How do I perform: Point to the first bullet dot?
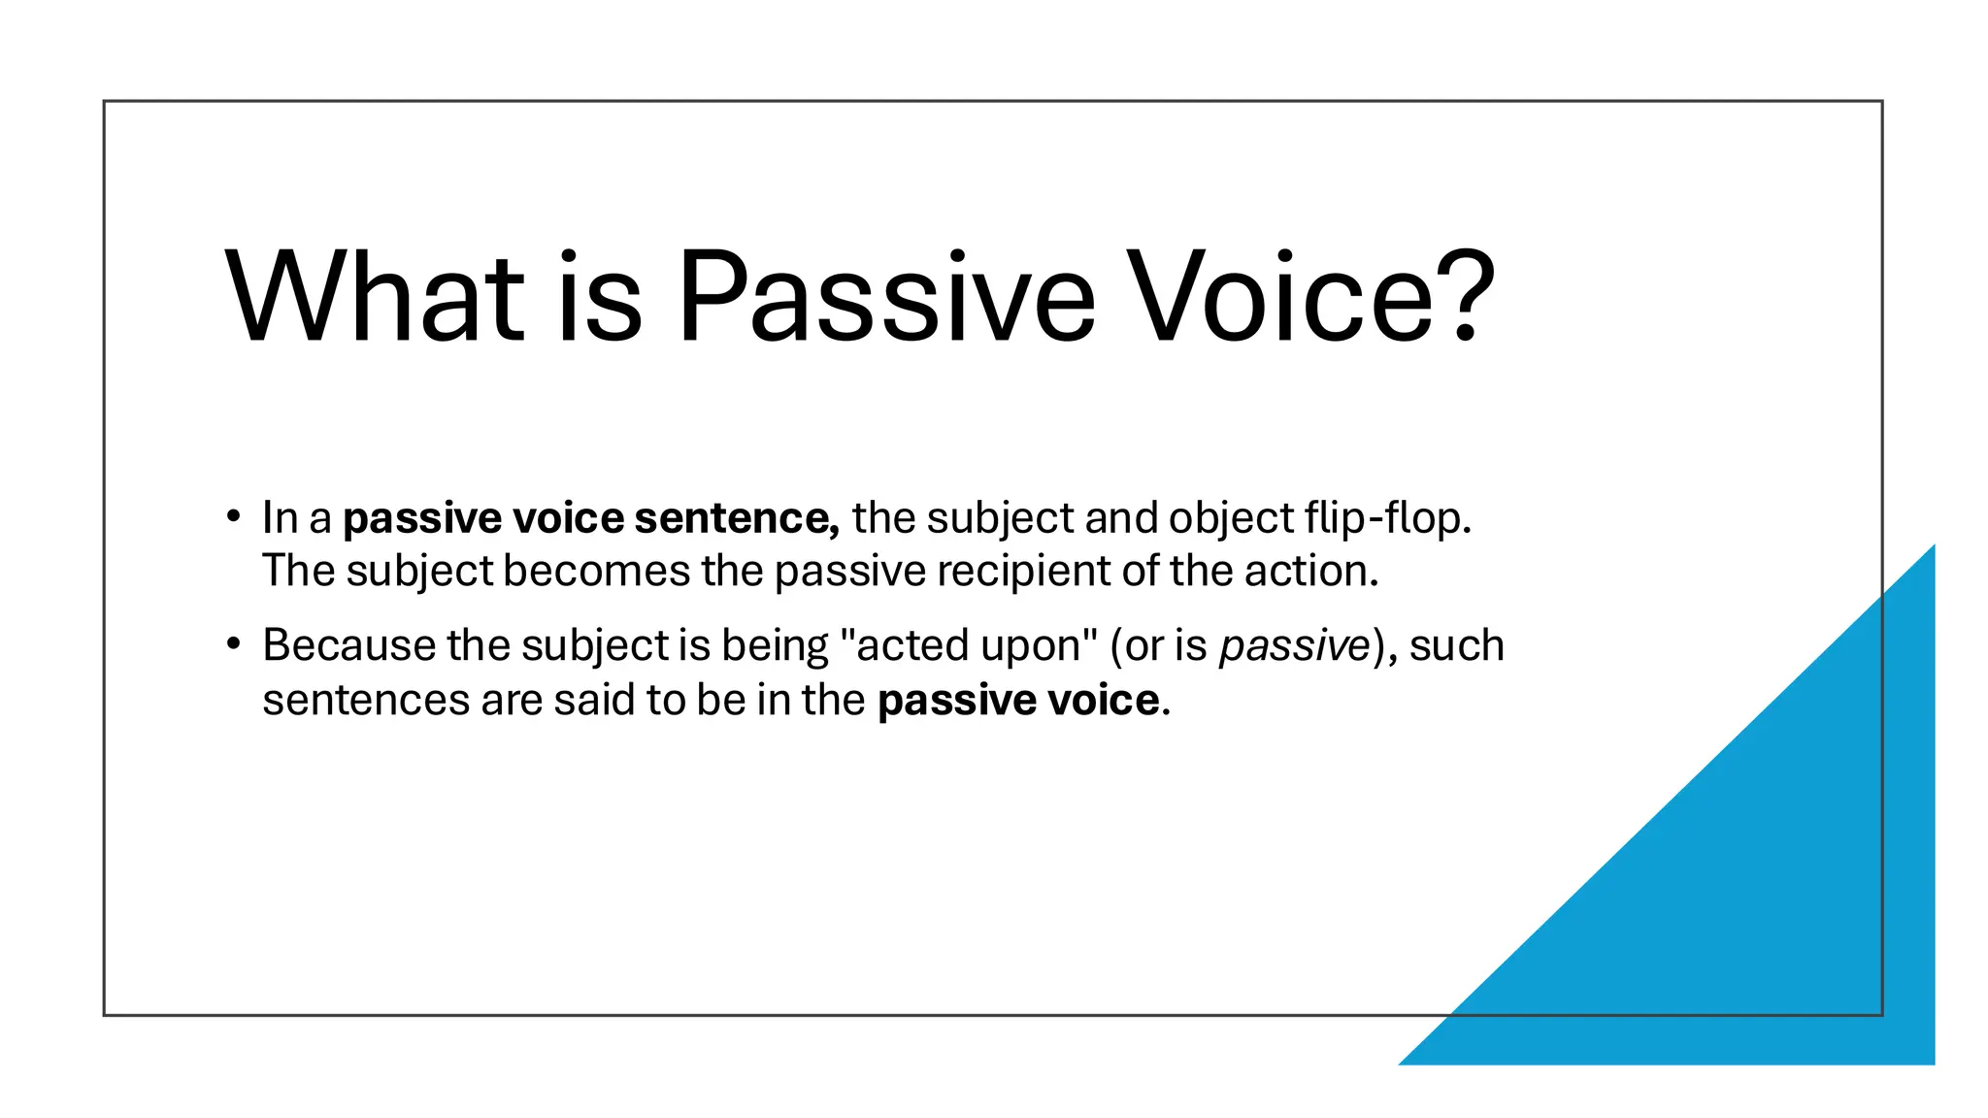click(232, 516)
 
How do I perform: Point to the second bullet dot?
click(232, 644)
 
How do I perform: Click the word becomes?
click(596, 572)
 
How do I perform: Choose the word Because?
click(348, 646)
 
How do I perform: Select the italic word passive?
click(1294, 646)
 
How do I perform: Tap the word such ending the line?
click(1456, 646)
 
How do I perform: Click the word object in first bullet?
click(1231, 518)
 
